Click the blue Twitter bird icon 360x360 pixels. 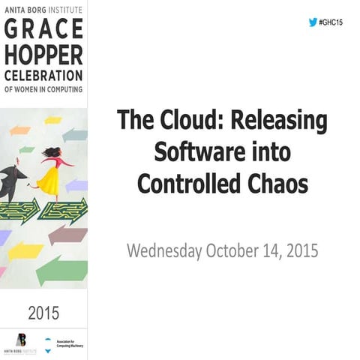[313, 22]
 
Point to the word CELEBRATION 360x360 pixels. [43, 76]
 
